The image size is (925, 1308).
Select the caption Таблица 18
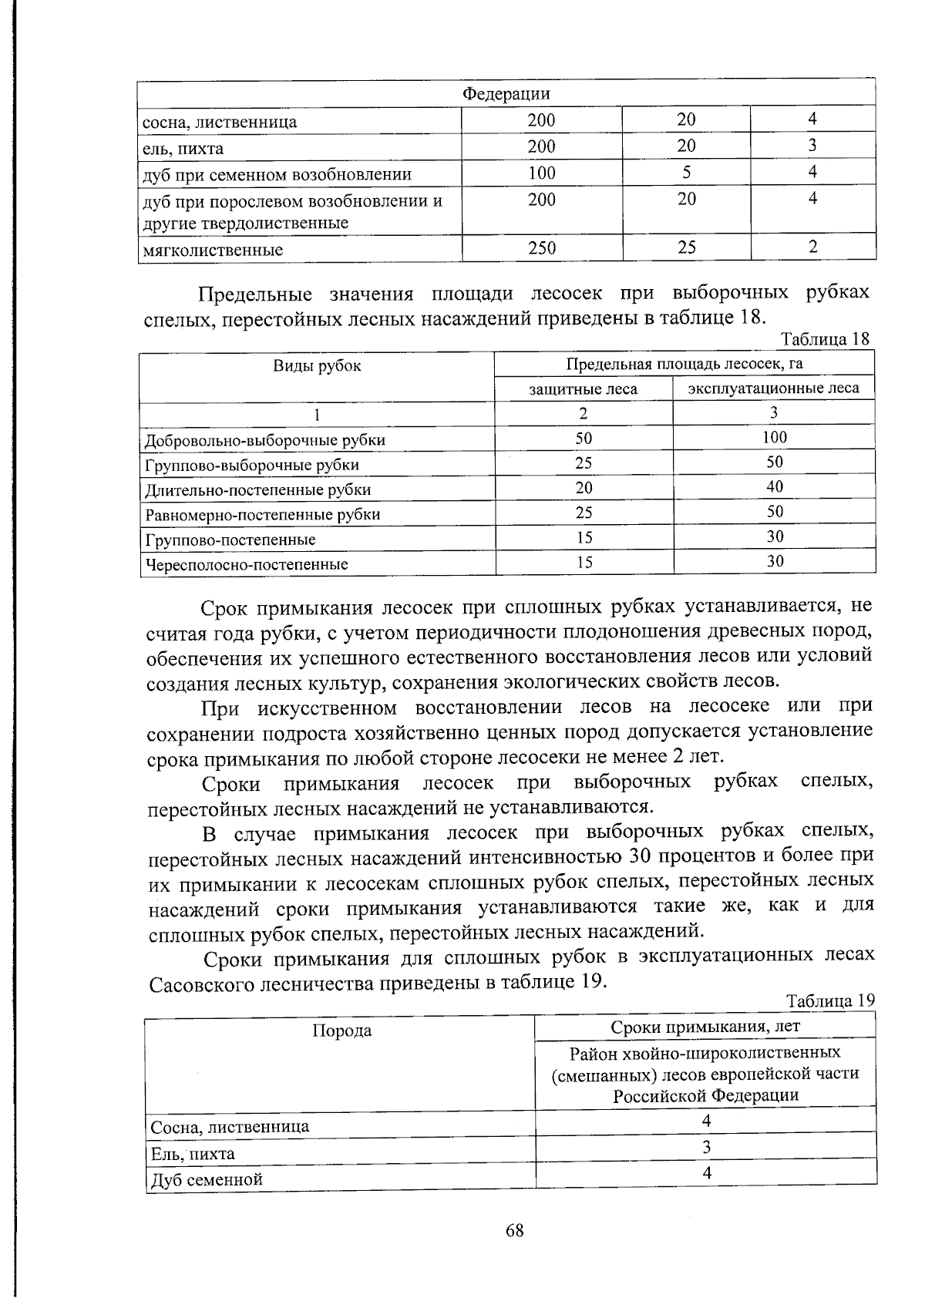point(825,339)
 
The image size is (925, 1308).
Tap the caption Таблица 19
point(830,1001)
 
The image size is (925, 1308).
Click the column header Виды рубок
point(317,365)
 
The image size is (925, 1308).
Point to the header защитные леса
point(583,389)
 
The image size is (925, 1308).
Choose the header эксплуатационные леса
point(773,388)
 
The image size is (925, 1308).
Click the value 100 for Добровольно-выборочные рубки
point(774,437)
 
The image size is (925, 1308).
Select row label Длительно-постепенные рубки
point(258,490)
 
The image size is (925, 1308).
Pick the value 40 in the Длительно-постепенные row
point(775,486)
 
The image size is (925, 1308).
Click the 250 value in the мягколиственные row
point(541,247)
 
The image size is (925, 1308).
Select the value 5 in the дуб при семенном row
point(685,172)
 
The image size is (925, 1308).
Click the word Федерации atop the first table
point(506,94)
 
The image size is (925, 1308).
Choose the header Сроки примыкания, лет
point(705,1027)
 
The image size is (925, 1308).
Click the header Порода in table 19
point(341,1031)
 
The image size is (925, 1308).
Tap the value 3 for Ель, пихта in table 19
point(706,1147)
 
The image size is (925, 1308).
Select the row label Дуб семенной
point(207,1179)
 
